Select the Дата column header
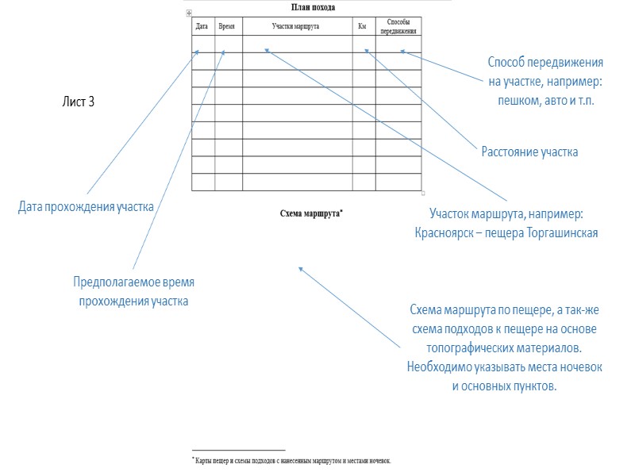click(202, 26)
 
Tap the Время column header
click(226, 26)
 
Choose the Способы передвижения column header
click(398, 27)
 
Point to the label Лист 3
click(78, 102)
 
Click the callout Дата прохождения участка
click(86, 207)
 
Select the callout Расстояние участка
click(529, 152)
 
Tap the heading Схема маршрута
click(311, 213)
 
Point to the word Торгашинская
click(561, 233)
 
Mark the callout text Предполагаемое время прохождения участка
click(133, 291)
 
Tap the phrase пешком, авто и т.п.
click(546, 102)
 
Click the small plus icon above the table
click(188, 13)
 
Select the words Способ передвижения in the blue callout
click(545, 63)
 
